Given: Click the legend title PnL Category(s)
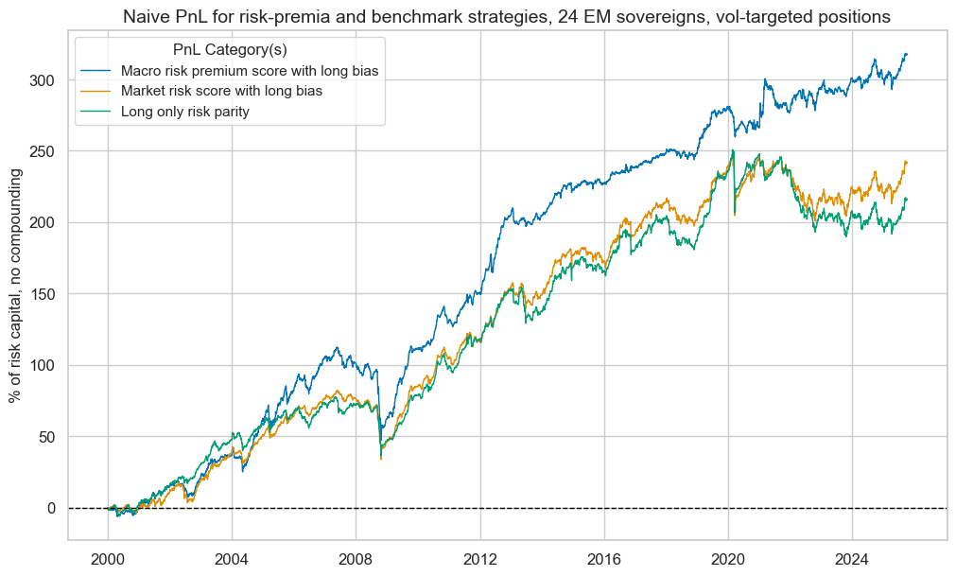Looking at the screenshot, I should [229, 49].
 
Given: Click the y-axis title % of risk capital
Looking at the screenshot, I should [16, 287].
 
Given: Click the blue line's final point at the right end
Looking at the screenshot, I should [907, 54].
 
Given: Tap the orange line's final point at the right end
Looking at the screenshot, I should [907, 162].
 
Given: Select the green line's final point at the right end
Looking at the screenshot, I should [907, 199].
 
